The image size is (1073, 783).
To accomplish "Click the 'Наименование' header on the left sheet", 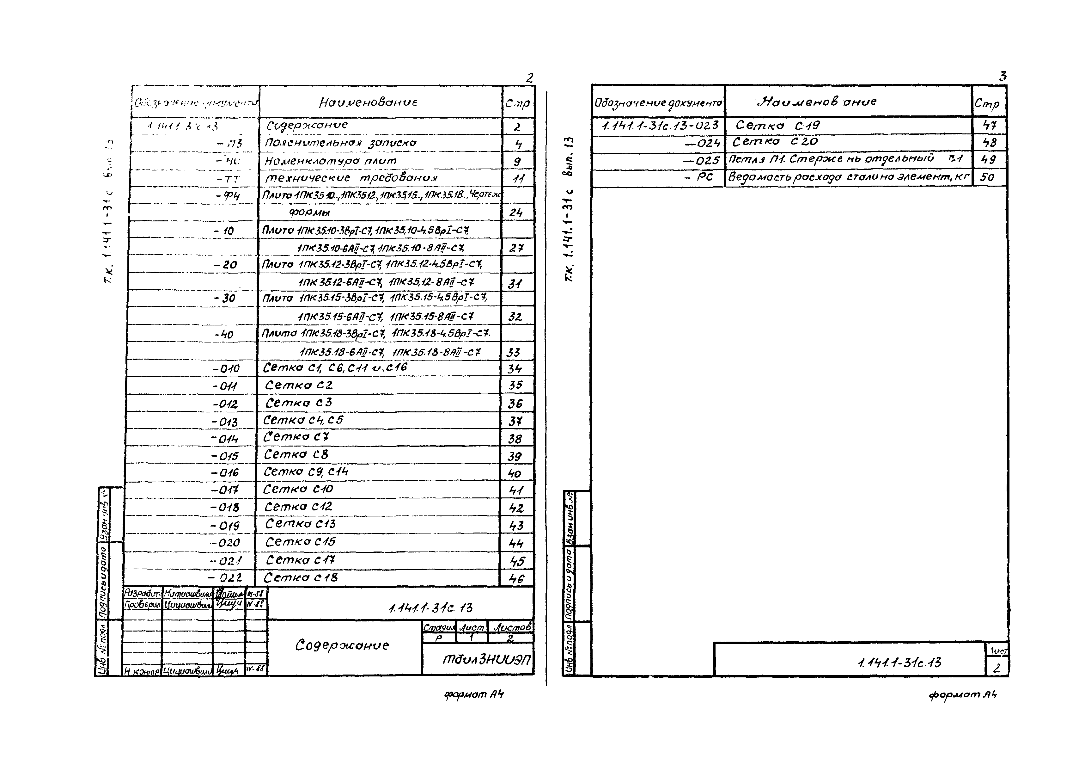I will [368, 102].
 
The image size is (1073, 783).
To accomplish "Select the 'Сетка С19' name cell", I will [777, 126].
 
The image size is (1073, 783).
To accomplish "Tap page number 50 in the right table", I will [987, 177].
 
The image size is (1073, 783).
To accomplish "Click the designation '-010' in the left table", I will [226, 368].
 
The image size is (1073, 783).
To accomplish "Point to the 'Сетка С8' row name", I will [296, 454].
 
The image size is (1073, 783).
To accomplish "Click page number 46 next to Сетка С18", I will [516, 579].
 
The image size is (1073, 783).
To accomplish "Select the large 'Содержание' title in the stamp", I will [342, 645].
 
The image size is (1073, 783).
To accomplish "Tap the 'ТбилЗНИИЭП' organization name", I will [486, 659].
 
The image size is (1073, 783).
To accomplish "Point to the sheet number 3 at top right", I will [1003, 76].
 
